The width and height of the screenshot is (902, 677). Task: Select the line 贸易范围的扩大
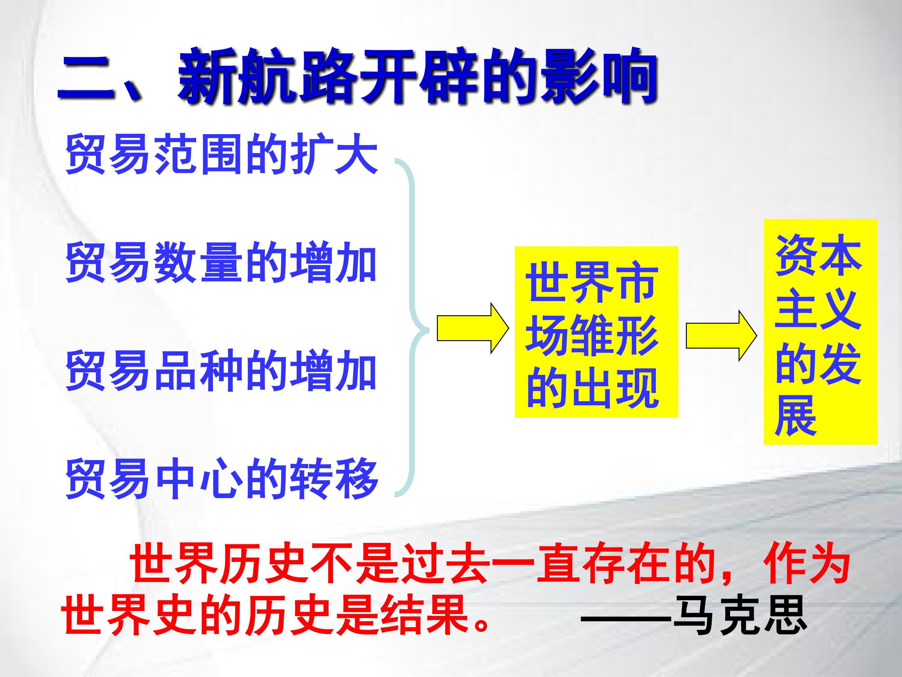(x=222, y=154)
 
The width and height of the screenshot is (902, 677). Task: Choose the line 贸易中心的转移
(x=222, y=478)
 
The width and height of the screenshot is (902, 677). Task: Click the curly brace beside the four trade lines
(x=412, y=329)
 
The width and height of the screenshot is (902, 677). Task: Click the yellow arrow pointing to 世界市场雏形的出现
(x=473, y=328)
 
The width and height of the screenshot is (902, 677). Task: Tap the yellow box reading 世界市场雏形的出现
(x=596, y=332)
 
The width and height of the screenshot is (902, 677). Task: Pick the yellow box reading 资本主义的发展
(x=821, y=332)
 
